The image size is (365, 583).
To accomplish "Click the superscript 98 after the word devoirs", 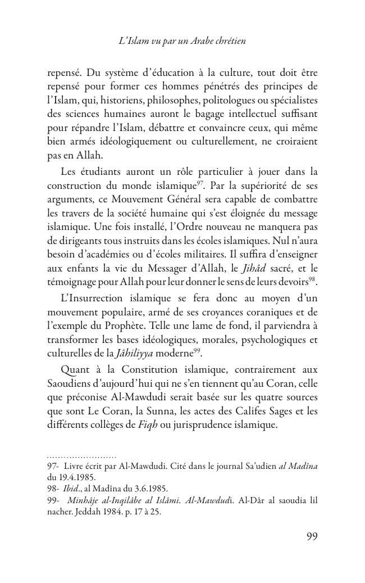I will coord(313,277).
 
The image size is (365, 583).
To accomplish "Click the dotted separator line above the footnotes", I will coord(81,457).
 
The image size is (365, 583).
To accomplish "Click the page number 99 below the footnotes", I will coord(312,536).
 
